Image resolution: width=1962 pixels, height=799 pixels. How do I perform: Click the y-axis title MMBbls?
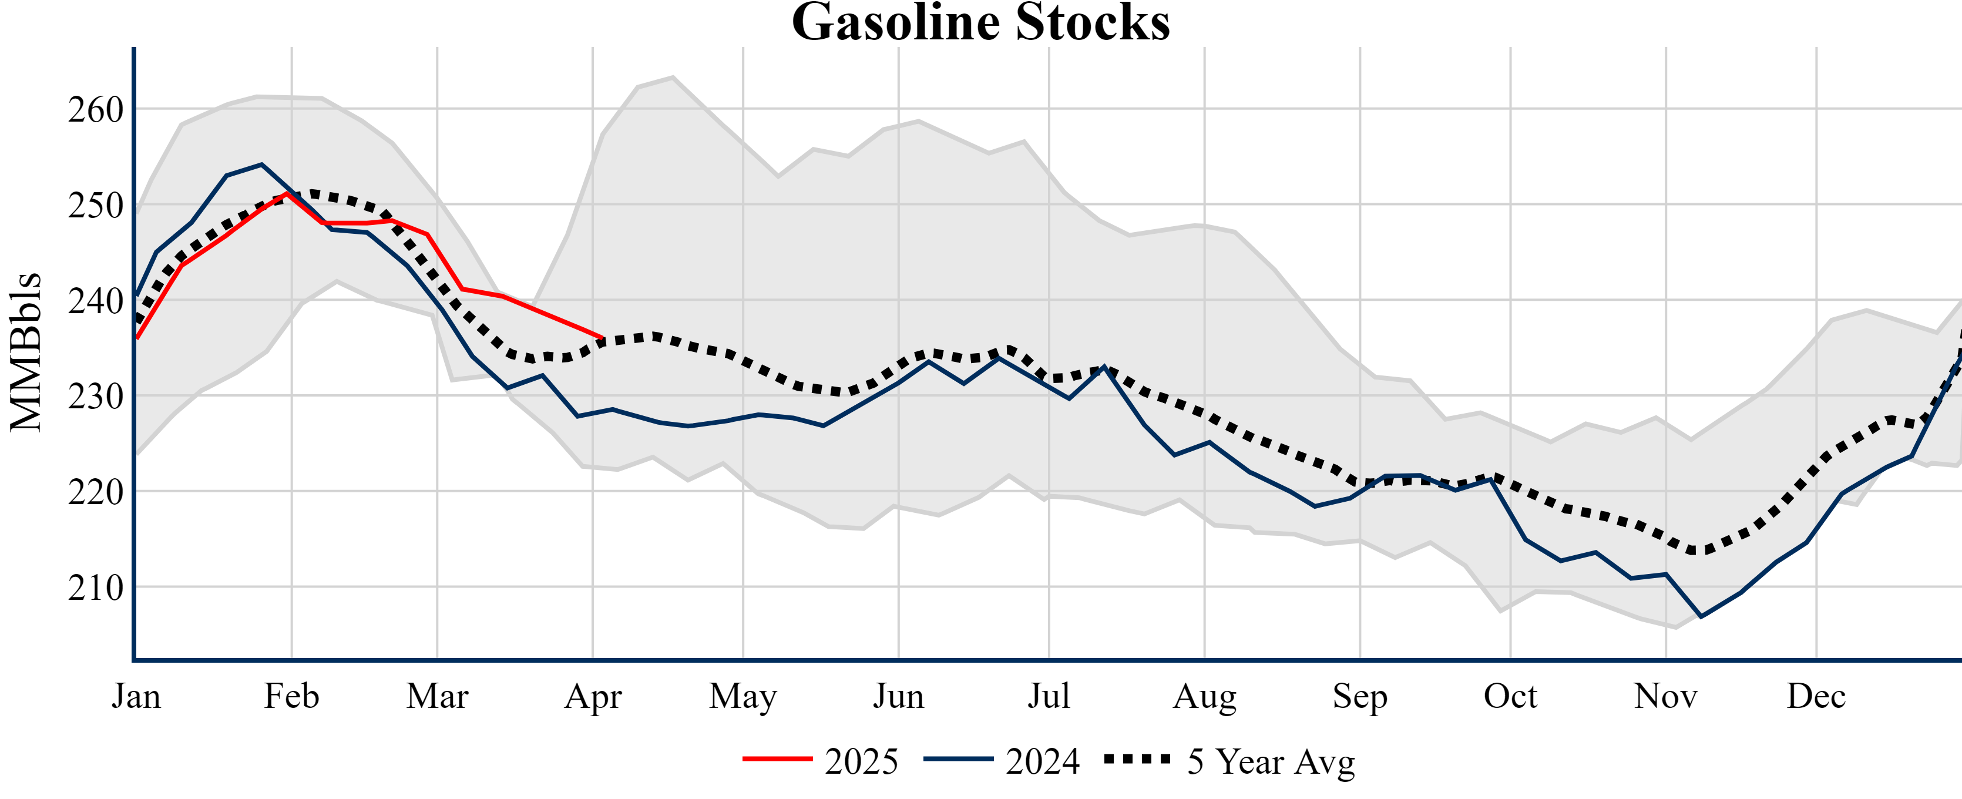(x=26, y=352)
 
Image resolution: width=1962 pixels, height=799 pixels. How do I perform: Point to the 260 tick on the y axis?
(x=96, y=110)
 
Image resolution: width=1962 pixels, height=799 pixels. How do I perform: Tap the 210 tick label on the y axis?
(x=96, y=588)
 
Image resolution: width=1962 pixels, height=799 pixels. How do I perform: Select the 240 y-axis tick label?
(x=96, y=301)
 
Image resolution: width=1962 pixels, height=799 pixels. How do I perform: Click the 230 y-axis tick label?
(x=96, y=397)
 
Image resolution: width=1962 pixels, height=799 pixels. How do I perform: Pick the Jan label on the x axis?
(x=136, y=696)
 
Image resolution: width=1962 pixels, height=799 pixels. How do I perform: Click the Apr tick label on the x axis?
(x=593, y=696)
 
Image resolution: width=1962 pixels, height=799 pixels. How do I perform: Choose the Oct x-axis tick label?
(x=1510, y=696)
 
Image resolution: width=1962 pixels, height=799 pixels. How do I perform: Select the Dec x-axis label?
(x=1816, y=696)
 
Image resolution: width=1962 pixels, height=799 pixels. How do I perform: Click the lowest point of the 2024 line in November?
(x=1701, y=616)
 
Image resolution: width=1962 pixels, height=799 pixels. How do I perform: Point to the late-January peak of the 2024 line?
(x=261, y=164)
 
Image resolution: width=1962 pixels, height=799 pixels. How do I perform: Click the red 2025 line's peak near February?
(x=287, y=193)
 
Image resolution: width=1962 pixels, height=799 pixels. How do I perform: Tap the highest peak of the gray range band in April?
(x=673, y=76)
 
